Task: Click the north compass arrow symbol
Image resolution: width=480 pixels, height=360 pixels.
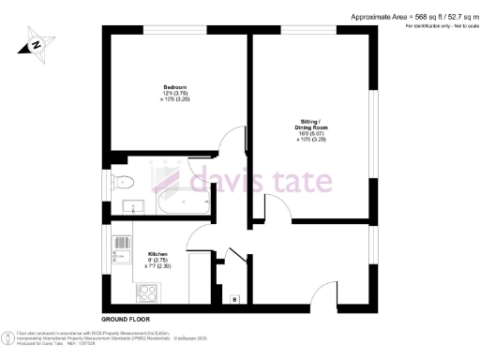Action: tap(36, 43)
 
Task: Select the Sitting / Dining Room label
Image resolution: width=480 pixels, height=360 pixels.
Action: tap(313, 123)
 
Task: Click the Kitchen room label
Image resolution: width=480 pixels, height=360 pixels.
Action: tap(157, 254)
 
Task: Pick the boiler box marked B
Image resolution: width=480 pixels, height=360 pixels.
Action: tap(234, 299)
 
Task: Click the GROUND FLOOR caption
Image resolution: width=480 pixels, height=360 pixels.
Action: tap(125, 320)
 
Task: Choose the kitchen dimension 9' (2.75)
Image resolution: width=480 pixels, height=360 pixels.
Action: tap(157, 261)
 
